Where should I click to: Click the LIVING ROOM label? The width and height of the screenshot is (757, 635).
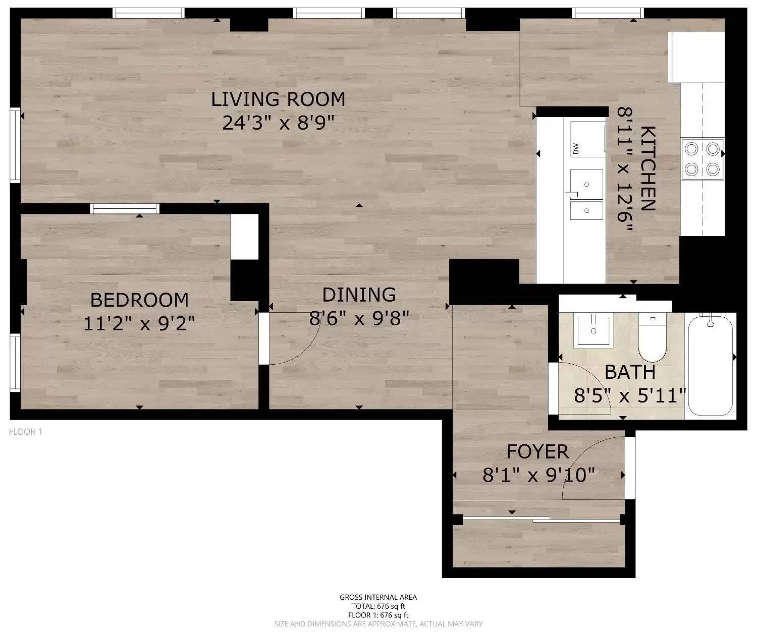tap(278, 99)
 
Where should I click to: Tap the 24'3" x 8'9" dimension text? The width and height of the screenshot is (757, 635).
tap(278, 123)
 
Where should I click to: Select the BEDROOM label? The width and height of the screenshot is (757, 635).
tap(140, 300)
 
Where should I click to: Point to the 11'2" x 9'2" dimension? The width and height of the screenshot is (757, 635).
tap(139, 323)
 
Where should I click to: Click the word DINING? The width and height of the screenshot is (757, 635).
tap(359, 295)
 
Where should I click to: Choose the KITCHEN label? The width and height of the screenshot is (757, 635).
tap(648, 168)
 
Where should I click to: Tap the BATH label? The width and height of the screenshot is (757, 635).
tap(630, 372)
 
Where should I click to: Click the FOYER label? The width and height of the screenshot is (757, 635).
tap(538, 451)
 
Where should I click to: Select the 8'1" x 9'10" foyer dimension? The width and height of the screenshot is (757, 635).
tap(539, 475)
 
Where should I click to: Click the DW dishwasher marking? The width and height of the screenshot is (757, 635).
tap(576, 149)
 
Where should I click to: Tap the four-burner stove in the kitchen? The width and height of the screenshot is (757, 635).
tap(702, 159)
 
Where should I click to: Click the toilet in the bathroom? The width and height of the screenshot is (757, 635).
tap(652, 337)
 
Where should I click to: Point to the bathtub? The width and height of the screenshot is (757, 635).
tap(711, 365)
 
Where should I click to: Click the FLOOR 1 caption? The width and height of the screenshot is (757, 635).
tap(25, 432)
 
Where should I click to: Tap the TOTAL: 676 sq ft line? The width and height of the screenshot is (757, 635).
tap(378, 606)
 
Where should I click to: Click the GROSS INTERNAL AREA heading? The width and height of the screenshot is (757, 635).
tap(378, 597)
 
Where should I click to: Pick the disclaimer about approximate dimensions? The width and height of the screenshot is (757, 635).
tap(378, 624)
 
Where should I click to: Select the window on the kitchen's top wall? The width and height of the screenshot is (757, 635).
tap(608, 13)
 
